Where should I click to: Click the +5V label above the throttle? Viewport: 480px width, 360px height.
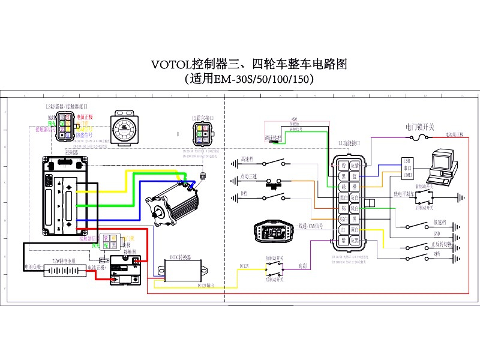pyautogui.click(x=294, y=120)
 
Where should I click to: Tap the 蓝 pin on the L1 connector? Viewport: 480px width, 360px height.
pyautogui.click(x=355, y=176)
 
